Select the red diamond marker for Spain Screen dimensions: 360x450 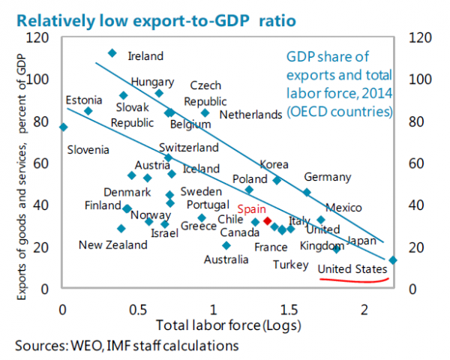(267, 221)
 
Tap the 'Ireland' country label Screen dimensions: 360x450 (145, 56)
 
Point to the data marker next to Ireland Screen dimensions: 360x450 (112, 53)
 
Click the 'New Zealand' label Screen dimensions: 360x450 (113, 245)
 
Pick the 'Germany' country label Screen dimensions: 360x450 (328, 177)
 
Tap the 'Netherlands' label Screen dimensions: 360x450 (250, 115)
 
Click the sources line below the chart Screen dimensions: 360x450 (126, 346)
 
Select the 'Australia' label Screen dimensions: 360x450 (226, 259)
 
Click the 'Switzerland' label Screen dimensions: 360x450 (189, 148)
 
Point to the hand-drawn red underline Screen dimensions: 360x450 (354, 280)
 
